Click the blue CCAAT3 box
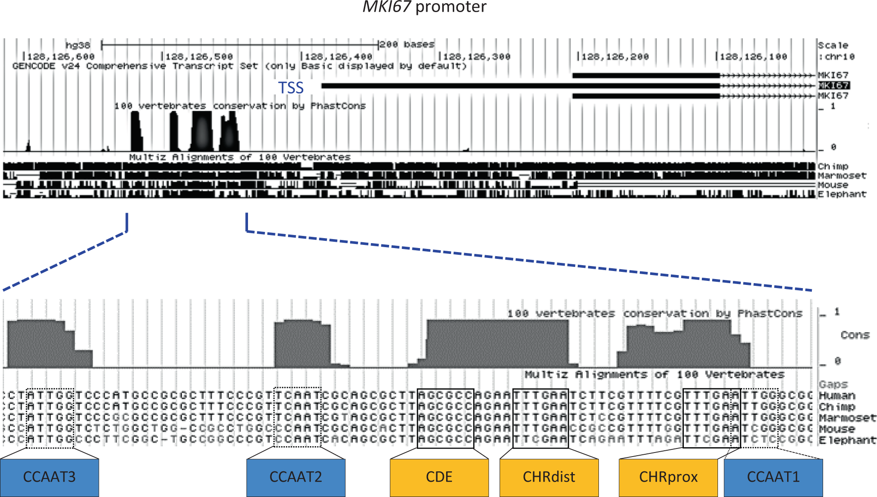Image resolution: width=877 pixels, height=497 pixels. click(x=49, y=477)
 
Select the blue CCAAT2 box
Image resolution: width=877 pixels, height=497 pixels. click(x=296, y=477)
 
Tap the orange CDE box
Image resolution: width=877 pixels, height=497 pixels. click(x=439, y=477)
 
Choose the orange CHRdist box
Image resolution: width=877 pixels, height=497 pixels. click(x=549, y=477)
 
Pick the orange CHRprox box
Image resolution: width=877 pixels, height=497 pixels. click(x=668, y=477)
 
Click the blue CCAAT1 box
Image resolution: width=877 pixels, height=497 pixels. click(x=773, y=477)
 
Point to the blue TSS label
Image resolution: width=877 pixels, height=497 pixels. click(x=291, y=88)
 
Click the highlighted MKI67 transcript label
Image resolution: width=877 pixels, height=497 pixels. click(x=833, y=85)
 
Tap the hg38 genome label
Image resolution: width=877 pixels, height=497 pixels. click(x=78, y=45)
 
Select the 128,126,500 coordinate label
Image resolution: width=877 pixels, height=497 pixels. click(x=199, y=57)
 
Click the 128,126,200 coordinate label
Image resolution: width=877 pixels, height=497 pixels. click(x=615, y=57)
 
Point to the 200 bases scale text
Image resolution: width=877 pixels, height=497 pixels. click(x=407, y=44)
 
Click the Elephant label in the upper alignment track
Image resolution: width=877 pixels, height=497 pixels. click(x=842, y=194)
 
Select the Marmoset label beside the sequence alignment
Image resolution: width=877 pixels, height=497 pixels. click(x=847, y=418)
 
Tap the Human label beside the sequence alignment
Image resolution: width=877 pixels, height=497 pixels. click(x=837, y=396)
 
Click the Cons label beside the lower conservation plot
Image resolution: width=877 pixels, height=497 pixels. click(x=855, y=335)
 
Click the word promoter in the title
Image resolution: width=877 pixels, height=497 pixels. click(x=451, y=7)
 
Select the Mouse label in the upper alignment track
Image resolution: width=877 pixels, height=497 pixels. click(x=833, y=185)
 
